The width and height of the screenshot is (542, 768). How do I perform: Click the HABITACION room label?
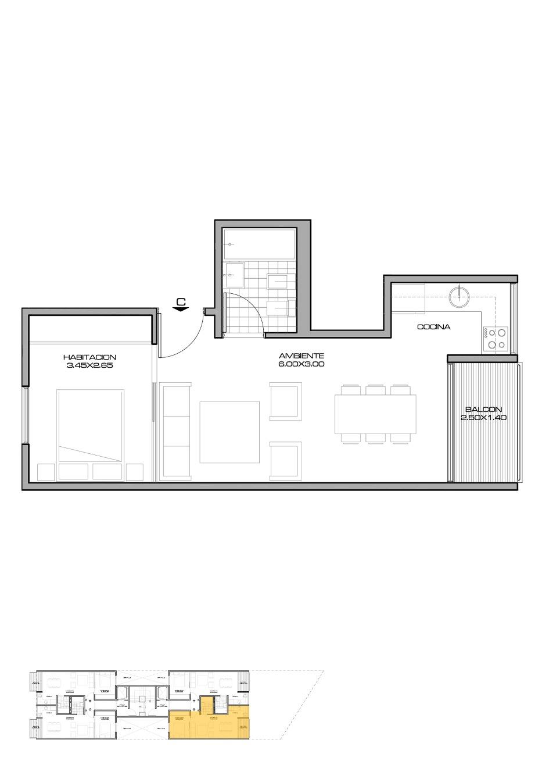[90, 357]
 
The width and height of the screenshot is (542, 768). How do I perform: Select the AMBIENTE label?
[301, 355]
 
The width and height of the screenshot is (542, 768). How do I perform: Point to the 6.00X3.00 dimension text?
[301, 364]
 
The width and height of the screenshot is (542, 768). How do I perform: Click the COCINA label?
[433, 327]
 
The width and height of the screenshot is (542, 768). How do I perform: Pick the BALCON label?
[483, 410]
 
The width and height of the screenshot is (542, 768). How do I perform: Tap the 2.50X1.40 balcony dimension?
[483, 418]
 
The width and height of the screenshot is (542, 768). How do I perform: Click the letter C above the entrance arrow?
[181, 301]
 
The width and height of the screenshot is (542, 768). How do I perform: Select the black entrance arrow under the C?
[181, 310]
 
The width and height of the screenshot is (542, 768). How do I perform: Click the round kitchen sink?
[459, 296]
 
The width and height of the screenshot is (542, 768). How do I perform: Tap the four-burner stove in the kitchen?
[495, 339]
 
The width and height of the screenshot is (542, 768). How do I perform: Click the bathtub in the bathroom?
[260, 244]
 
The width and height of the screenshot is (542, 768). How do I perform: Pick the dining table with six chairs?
[375, 414]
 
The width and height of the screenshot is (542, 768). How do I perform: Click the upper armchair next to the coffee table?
[286, 400]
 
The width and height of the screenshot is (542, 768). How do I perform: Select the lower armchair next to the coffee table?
[286, 461]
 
